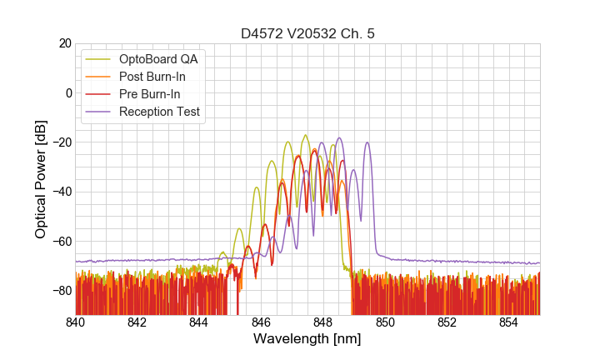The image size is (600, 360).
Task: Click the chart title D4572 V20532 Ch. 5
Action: point(307,33)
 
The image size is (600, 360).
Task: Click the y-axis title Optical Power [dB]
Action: point(41,179)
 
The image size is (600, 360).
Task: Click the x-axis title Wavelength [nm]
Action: point(307,339)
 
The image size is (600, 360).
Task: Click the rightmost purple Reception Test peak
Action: point(367,143)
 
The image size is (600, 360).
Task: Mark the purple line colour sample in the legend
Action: point(99,112)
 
